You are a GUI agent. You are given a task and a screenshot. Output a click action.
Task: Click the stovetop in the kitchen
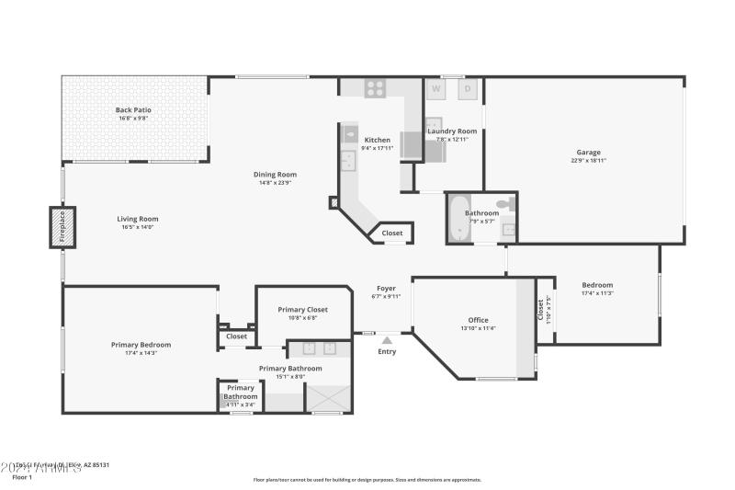375,88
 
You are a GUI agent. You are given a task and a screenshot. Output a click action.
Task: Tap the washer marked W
436,89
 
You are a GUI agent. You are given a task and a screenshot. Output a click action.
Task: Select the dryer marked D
467,89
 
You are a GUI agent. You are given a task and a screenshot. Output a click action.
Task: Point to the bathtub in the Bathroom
459,219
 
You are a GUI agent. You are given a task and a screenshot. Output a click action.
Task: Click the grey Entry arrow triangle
387,340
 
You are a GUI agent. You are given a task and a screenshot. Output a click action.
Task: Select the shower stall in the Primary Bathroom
327,398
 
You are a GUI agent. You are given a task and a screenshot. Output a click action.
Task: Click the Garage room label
588,153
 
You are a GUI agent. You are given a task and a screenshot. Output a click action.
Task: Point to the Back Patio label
134,109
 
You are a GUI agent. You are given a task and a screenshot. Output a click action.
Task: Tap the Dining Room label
275,174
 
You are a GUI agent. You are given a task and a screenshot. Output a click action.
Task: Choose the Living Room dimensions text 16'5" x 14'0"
138,227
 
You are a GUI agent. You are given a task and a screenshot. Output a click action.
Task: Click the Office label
478,320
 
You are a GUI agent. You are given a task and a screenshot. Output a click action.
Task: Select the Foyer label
387,288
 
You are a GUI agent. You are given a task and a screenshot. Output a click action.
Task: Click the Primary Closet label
302,310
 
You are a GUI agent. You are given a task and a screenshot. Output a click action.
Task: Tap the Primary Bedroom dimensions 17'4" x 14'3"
141,353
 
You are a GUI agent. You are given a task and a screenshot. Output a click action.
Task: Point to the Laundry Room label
452,131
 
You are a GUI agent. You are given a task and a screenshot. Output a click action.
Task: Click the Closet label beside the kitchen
392,234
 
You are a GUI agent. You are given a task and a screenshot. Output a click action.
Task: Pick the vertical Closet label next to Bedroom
540,310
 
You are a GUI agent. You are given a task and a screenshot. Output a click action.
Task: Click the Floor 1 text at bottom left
22,477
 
